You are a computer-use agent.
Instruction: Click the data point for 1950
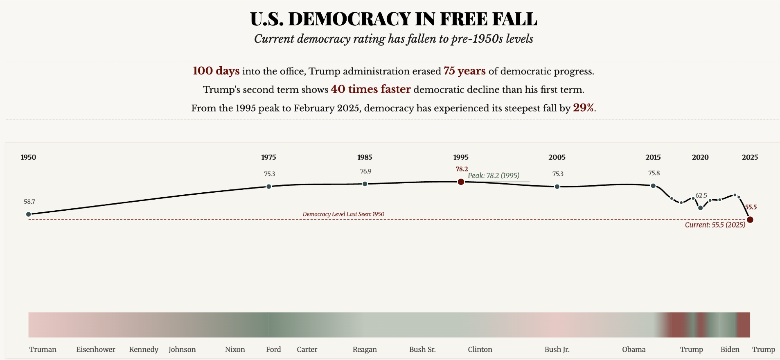tap(28, 214)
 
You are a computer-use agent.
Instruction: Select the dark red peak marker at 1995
tap(461, 182)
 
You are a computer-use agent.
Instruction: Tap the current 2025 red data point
tap(750, 220)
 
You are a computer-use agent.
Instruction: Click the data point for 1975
tap(268, 187)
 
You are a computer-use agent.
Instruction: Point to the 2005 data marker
tap(557, 187)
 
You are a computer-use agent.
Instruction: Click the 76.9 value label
tap(365, 171)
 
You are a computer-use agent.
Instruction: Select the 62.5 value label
tap(701, 196)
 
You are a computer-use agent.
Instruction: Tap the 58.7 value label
tap(29, 202)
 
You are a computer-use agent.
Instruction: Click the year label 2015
tap(653, 157)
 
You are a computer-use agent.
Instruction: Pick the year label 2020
tap(700, 157)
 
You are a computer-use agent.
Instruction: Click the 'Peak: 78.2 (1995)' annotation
tap(494, 175)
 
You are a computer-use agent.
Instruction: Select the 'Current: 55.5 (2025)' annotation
tap(715, 225)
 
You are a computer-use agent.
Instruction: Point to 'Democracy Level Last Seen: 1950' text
tap(343, 214)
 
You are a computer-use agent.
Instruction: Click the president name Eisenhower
tap(95, 349)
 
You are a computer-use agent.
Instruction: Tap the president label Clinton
tap(480, 349)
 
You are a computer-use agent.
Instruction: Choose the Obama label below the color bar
tap(633, 349)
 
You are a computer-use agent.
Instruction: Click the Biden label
tap(730, 349)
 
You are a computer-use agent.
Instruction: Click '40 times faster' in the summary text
tap(370, 89)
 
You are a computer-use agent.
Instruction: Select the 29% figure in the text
tap(583, 108)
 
